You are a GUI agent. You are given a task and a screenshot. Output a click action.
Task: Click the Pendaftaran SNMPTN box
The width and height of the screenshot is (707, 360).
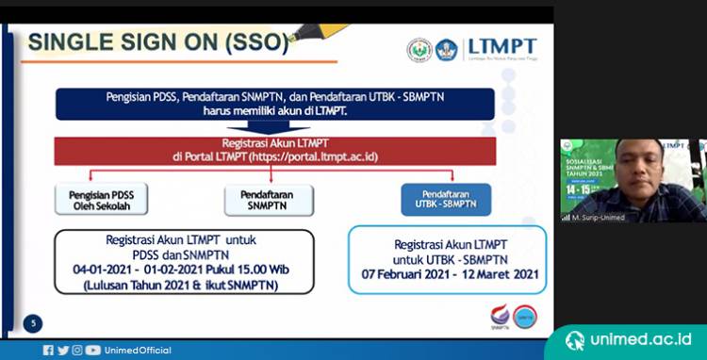(x=268, y=200)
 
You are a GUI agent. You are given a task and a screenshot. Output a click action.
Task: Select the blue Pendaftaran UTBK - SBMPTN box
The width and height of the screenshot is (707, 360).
(x=446, y=199)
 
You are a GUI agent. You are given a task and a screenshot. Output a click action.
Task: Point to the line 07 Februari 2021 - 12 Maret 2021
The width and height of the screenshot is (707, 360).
(x=447, y=274)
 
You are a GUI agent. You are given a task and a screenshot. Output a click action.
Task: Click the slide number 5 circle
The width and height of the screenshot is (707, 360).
(x=33, y=324)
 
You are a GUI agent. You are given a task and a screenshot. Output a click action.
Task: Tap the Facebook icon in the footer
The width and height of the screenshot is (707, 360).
(x=48, y=351)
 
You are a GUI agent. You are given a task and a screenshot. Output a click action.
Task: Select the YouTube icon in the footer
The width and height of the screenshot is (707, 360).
(x=92, y=351)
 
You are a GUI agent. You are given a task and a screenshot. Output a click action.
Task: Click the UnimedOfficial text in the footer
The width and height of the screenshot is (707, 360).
(x=138, y=351)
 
